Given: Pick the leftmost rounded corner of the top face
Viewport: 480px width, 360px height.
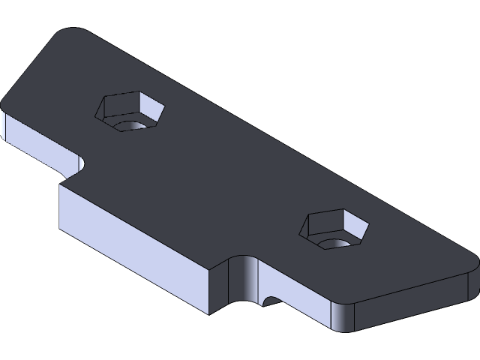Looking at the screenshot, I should coord(6,105).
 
